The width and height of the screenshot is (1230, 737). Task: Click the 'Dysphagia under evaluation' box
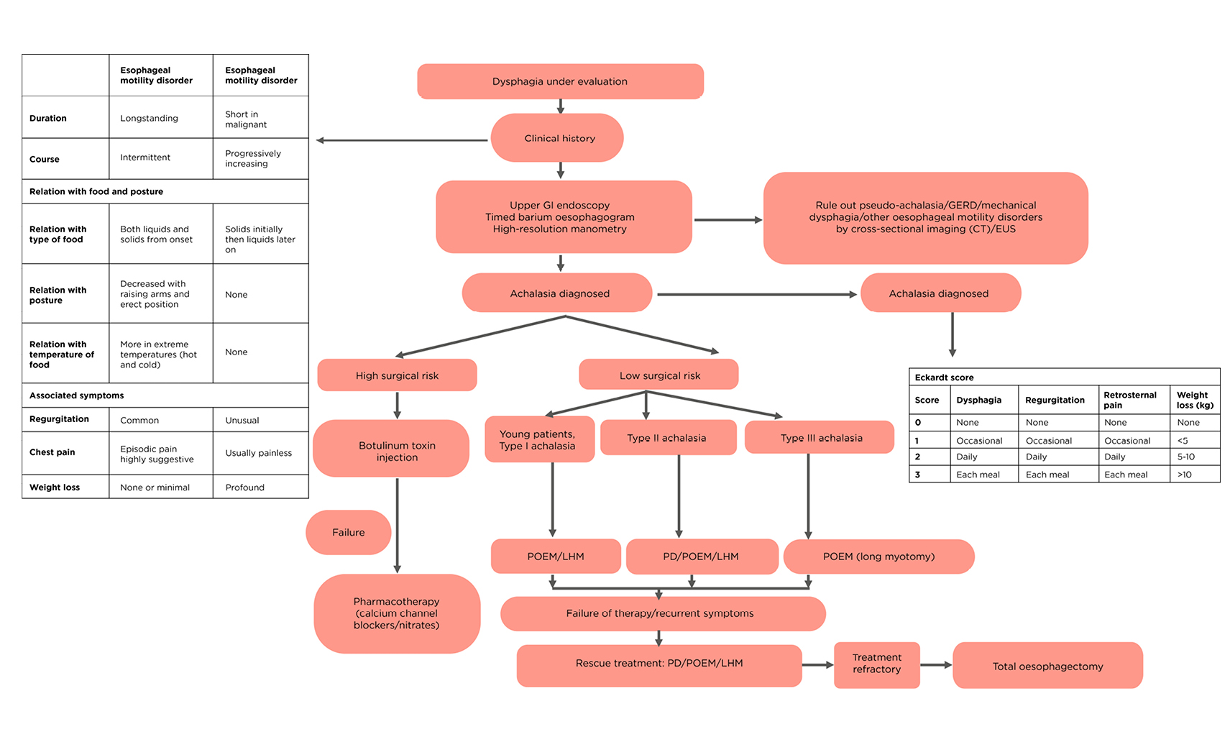560,81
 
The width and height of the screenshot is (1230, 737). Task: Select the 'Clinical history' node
557,138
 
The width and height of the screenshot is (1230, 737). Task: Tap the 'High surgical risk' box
397,375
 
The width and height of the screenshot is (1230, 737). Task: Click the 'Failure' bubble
349,533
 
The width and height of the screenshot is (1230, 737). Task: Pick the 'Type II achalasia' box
668,438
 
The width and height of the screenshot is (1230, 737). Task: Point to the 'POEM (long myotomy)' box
878,557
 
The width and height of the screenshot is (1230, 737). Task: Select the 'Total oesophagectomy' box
1047,666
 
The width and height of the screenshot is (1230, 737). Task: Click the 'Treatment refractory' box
876,664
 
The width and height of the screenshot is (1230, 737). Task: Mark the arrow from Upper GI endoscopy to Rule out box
728,220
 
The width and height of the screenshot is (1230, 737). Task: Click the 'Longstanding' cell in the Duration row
150,119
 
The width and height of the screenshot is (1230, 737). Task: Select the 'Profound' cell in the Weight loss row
245,487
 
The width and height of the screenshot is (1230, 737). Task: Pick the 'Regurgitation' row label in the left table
60,419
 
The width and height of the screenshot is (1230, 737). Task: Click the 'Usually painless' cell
259,453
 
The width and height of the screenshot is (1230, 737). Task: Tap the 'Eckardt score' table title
945,377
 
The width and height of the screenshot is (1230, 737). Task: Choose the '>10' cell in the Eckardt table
1185,475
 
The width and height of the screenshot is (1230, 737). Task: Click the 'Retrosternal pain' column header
1130,400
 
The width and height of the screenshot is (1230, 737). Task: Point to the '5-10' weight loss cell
1186,457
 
